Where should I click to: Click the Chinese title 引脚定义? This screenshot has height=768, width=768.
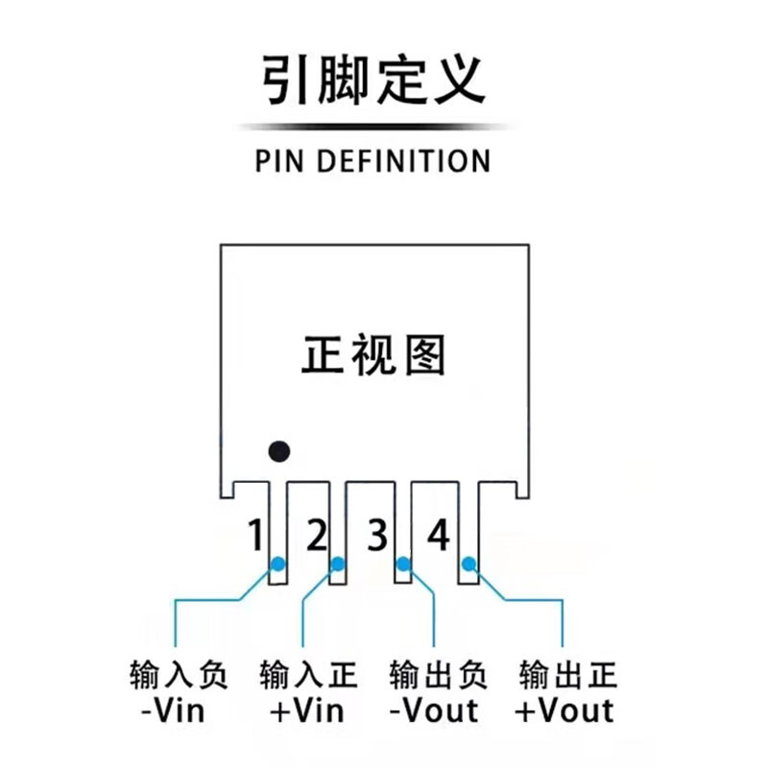[x=373, y=81]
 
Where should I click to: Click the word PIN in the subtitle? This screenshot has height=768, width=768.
[x=280, y=160]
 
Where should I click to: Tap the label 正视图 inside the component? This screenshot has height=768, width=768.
[x=373, y=355]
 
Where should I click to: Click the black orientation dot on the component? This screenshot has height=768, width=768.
[x=279, y=450]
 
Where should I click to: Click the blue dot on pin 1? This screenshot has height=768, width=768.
[x=277, y=564]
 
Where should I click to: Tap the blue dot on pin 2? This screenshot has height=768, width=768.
[x=337, y=564]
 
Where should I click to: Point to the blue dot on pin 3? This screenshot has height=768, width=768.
[x=403, y=564]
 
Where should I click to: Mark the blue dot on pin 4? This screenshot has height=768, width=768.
[x=468, y=564]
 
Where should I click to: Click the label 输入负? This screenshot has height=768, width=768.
[x=178, y=676]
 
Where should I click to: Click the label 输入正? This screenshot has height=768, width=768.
[x=307, y=676]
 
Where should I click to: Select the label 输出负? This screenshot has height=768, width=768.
[x=438, y=676]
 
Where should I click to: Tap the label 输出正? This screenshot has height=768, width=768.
[x=566, y=676]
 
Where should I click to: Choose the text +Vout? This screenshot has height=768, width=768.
[x=564, y=711]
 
